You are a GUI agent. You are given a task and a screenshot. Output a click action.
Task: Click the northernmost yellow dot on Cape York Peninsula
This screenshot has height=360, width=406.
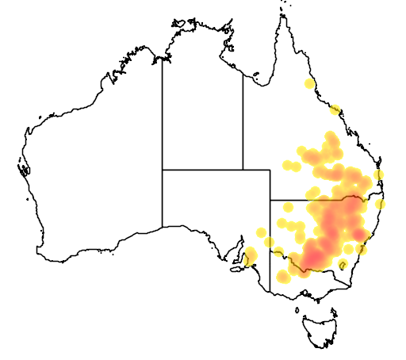coord(309,83)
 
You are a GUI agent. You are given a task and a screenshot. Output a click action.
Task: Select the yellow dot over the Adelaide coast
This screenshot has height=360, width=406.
coord(251,255)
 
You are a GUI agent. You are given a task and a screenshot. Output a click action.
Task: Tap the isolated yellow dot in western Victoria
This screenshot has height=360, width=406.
coord(283,276)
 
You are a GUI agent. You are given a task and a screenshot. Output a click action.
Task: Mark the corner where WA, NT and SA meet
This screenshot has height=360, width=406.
coord(163,170)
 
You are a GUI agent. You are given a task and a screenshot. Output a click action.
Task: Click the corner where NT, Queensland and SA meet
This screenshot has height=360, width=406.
coord(243,170)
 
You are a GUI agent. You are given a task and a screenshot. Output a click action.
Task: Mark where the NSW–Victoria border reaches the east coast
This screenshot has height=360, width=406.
coord(353,282)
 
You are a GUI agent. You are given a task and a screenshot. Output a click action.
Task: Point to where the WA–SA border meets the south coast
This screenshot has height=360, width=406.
coord(163,227)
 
